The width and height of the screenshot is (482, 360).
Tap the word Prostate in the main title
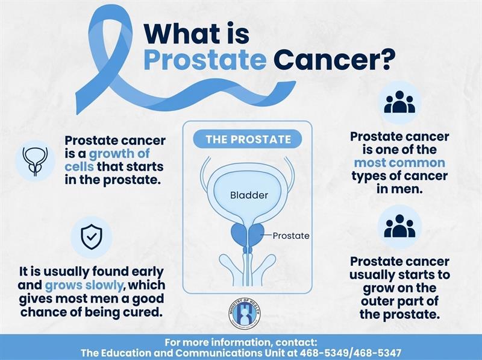205,59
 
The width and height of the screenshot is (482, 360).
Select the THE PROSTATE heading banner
248,139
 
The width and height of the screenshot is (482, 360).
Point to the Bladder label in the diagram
249,195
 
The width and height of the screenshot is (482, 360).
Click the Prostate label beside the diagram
291,236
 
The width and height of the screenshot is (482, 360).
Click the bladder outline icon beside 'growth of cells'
36,161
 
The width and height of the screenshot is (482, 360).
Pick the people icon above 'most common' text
399,102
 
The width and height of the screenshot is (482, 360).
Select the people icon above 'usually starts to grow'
399,226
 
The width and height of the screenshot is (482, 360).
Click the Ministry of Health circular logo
245,313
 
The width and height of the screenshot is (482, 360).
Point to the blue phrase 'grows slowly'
84,286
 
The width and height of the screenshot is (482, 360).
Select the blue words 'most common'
399,162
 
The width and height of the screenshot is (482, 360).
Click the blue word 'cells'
79,166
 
